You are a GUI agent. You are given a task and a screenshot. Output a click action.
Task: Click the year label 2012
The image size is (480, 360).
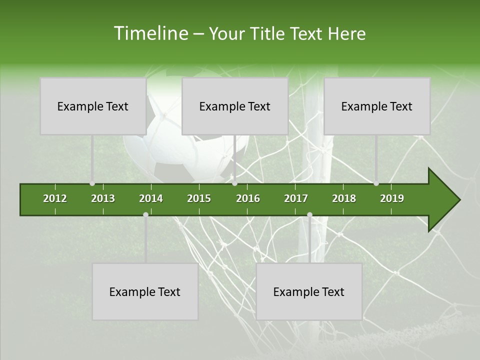click(55, 198)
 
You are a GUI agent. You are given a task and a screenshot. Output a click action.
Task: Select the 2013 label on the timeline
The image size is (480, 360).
click(103, 198)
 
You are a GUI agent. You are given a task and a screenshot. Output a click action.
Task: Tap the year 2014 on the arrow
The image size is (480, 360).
click(151, 198)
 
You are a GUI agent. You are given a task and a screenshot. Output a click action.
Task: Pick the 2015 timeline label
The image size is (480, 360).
click(199, 198)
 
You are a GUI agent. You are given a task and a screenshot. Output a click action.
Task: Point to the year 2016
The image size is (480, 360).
click(248, 198)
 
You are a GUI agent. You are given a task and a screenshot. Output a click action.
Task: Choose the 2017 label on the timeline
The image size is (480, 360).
click(296, 198)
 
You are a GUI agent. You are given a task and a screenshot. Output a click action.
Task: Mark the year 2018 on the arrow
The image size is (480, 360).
click(344, 198)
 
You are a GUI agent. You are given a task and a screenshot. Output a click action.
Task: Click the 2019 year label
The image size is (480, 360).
click(392, 198)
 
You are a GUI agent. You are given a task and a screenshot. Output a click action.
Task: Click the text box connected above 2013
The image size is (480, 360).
click(92, 106)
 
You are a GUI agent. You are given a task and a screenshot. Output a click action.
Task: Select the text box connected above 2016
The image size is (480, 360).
click(234, 106)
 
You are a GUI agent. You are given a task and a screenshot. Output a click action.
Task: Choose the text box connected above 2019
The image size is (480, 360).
click(376, 106)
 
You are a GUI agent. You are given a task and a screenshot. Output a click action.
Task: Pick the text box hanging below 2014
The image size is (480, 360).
click(144, 291)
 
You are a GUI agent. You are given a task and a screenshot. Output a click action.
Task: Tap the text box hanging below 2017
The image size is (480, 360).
click(308, 291)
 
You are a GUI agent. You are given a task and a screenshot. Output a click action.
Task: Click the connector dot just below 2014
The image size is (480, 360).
click(145, 214)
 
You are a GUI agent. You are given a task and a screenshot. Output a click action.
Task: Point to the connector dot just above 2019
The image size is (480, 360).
click(376, 183)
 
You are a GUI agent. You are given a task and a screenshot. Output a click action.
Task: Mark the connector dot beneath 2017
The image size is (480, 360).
click(309, 214)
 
